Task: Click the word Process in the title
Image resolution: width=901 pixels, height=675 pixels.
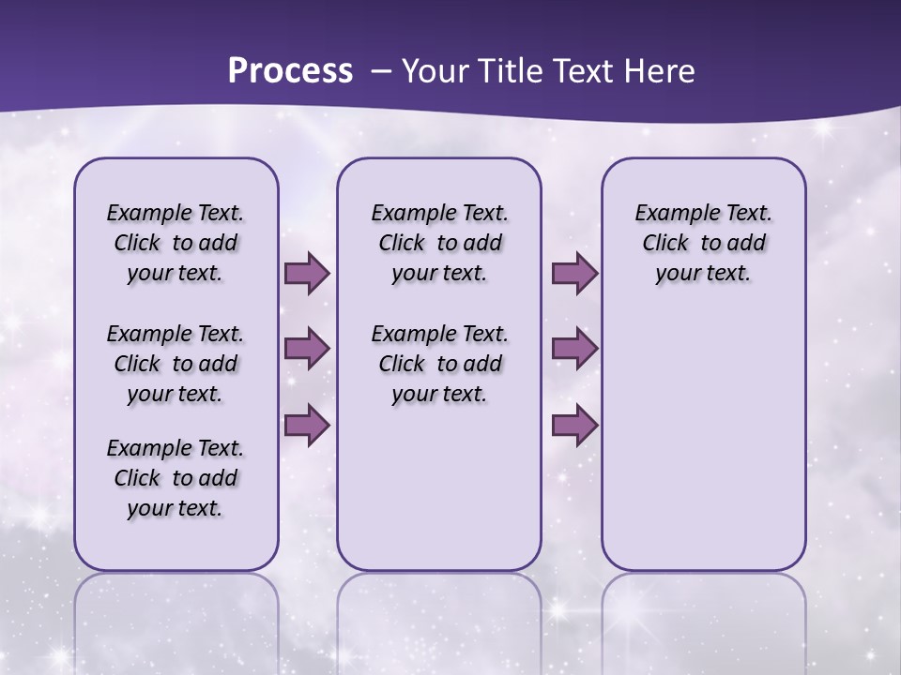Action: [x=290, y=71]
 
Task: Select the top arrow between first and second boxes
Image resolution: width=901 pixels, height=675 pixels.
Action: [x=307, y=274]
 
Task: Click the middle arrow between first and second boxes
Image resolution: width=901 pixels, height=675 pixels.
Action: [x=307, y=349]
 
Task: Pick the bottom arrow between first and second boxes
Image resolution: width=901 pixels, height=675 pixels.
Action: [x=307, y=425]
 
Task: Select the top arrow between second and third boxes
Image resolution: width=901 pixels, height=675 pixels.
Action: [x=574, y=274]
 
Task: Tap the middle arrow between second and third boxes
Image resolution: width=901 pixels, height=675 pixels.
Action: [x=574, y=349]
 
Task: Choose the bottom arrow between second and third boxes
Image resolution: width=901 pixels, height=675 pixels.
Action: [x=574, y=425]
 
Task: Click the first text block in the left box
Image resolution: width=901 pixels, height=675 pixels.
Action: [x=176, y=243]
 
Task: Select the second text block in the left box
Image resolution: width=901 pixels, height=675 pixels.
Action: [x=176, y=364]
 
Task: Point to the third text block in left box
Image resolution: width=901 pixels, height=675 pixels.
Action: [x=176, y=478]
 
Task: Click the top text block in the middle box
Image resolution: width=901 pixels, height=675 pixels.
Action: [x=439, y=243]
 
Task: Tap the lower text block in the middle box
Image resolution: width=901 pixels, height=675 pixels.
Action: [x=439, y=364]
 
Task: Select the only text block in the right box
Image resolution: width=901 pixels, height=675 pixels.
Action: [x=703, y=243]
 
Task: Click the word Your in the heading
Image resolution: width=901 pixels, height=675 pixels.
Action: [x=435, y=71]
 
